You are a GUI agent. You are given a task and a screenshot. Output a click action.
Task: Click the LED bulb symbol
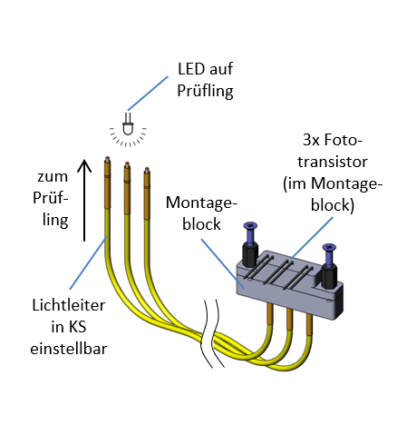click(x=128, y=124)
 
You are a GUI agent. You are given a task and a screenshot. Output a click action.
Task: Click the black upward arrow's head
click(x=84, y=165)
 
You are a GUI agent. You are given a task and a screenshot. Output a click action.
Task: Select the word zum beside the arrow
click(x=53, y=177)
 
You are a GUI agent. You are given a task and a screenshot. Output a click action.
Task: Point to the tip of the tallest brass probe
click(x=107, y=158)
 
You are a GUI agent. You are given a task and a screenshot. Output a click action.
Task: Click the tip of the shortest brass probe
click(x=147, y=169)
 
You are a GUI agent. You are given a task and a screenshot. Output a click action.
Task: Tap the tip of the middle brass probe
click(x=127, y=163)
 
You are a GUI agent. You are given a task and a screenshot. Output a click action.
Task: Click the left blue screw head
click(x=250, y=225)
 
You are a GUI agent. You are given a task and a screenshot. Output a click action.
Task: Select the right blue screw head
click(x=329, y=247)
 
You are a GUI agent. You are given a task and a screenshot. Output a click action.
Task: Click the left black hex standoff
click(x=250, y=254)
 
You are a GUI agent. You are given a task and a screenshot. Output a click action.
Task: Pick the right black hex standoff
click(x=329, y=276)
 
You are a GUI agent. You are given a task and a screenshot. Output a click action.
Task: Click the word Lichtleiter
click(x=69, y=305)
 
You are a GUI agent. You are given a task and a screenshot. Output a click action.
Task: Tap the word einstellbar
click(x=69, y=349)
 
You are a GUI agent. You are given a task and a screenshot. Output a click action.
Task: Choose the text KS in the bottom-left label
click(x=77, y=327)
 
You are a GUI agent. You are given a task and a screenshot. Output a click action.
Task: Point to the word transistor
click(x=333, y=162)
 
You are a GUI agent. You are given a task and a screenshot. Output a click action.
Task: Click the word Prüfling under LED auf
click(x=205, y=91)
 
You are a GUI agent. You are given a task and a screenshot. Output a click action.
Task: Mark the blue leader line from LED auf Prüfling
click(x=148, y=94)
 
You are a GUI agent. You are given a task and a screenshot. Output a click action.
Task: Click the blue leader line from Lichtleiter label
click(x=88, y=262)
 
